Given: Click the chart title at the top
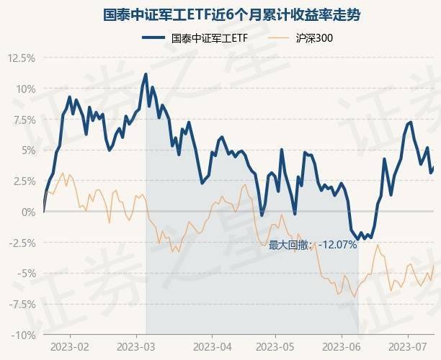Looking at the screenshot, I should point(221,14).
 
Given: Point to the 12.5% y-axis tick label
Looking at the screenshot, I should point(20,58).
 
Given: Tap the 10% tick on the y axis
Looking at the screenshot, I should point(24,89).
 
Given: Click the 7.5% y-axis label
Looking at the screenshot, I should point(22,120).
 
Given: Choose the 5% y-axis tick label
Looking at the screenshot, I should point(27,150).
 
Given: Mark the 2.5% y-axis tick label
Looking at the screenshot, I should point(22,181).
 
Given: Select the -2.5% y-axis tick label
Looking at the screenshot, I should point(21,243).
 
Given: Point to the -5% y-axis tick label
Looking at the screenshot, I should point(25,274).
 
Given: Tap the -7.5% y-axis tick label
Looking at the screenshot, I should point(21,305).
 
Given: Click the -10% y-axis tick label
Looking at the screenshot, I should point(22,335).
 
